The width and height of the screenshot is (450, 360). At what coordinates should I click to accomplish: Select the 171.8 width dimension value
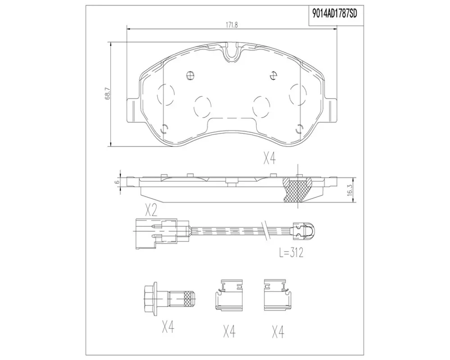[232, 25]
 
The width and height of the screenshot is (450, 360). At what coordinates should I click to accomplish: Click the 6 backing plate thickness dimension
[117, 182]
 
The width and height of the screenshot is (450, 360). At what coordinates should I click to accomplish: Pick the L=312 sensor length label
[291, 252]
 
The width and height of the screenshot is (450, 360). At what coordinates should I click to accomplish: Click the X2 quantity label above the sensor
[151, 211]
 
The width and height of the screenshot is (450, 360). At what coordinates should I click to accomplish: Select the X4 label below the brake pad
[269, 158]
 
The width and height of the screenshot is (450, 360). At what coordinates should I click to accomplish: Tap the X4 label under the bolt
[168, 327]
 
